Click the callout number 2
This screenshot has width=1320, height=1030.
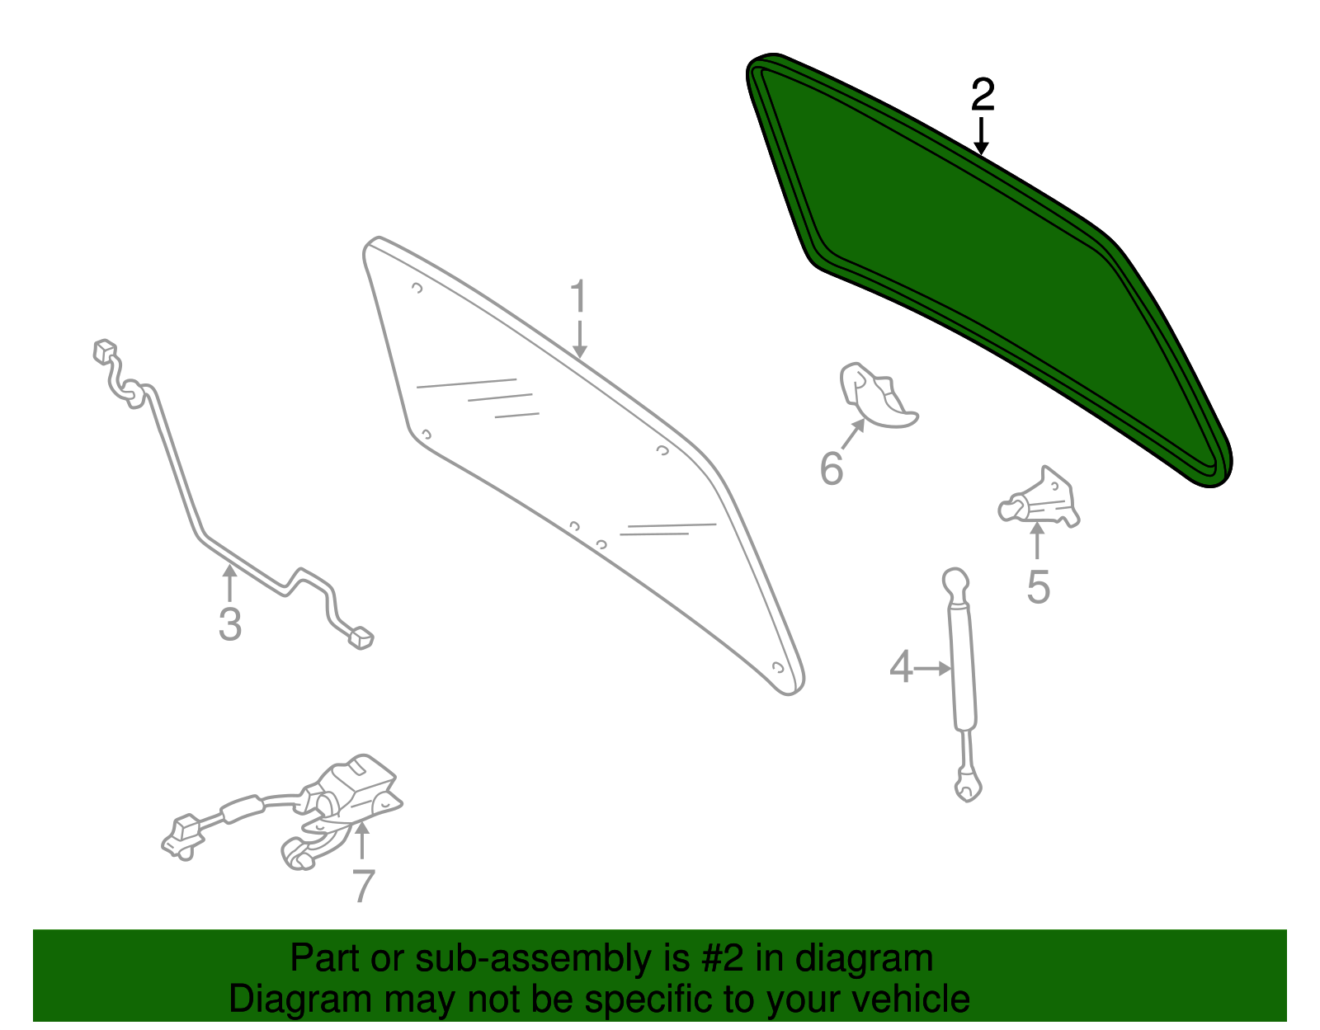tap(983, 95)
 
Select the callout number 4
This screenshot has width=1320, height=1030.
tap(901, 666)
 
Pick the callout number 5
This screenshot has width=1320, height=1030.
tap(1038, 587)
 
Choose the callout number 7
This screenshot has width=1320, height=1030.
tap(363, 886)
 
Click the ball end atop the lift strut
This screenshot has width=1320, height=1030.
tap(955, 581)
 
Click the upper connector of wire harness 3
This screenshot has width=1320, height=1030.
tap(105, 350)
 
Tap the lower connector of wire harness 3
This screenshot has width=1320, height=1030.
tap(361, 638)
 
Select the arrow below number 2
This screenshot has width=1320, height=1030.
tap(980, 136)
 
